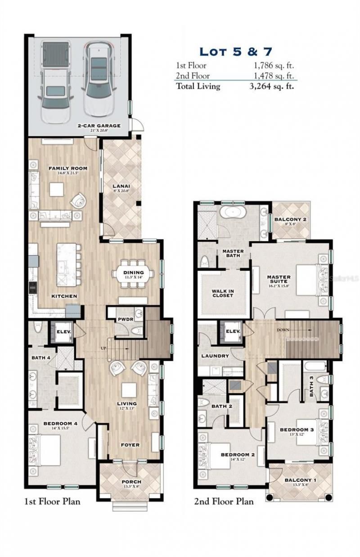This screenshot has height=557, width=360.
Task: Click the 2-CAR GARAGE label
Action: point(99,126)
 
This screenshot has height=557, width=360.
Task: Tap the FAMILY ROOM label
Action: point(68,168)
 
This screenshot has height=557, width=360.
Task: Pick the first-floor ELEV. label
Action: point(61,333)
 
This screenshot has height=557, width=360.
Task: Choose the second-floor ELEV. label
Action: point(233,332)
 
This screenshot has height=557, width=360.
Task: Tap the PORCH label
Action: point(131,482)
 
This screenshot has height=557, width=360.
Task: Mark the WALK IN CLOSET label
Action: point(223,293)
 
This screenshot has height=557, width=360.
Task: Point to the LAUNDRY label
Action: point(215,356)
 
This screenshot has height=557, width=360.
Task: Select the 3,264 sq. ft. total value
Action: point(272,86)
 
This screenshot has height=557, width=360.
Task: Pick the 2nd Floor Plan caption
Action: point(224,501)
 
